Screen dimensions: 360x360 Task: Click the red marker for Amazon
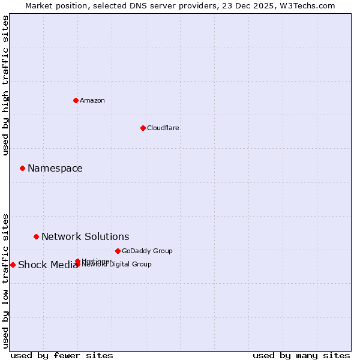point(76,100)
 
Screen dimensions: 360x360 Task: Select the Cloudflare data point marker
point(143,128)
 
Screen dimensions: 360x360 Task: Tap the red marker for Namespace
point(22,168)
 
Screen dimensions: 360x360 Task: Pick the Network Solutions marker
point(36,236)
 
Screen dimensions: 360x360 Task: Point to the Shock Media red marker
point(13,265)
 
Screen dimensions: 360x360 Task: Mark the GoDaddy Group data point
point(118,251)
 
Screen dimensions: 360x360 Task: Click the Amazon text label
point(92,100)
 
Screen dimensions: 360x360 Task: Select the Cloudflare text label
point(163,128)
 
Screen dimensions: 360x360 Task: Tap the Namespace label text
point(55,169)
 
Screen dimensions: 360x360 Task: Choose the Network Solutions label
point(85,237)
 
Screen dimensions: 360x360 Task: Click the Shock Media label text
point(47,265)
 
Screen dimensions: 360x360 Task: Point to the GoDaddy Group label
point(147,251)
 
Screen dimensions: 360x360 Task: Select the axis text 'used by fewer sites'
point(62,356)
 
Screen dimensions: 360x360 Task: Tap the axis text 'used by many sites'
point(301,356)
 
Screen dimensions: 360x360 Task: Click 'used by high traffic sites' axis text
point(6,85)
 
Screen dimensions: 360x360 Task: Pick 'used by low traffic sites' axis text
point(6,280)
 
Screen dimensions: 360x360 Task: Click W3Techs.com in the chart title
point(305,6)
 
